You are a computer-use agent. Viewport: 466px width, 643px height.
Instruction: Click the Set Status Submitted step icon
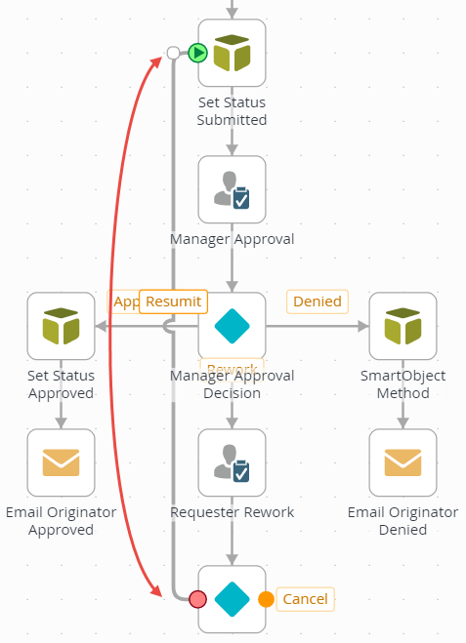233,53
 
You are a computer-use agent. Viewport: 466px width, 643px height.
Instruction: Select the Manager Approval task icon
233,189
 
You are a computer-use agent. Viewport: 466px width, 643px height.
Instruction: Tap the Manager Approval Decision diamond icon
233,326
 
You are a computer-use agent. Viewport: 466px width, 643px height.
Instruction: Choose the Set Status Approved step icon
62,326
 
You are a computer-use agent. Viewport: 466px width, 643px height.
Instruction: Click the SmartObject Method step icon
402,326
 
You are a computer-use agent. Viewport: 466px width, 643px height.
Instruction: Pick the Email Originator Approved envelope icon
62,462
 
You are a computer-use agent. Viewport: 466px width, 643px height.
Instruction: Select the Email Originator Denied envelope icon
402,462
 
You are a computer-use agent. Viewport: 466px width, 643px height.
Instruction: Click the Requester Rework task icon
233,462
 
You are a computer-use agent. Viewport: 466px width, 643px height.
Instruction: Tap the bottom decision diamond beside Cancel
233,598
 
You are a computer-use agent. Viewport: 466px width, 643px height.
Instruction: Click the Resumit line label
174,301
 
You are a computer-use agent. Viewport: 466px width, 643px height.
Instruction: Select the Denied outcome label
318,301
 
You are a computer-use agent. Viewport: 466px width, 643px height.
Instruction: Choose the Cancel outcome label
305,598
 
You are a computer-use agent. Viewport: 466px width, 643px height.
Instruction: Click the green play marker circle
198,53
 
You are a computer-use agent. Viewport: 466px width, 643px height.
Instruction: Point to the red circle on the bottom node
198,598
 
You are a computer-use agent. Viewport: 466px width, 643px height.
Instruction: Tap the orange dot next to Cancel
266,598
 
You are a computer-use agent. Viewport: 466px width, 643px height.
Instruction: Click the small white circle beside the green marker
174,53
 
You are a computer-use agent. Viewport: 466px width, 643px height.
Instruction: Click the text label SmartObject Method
402,384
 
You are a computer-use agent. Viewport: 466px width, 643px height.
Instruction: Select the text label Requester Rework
233,511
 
